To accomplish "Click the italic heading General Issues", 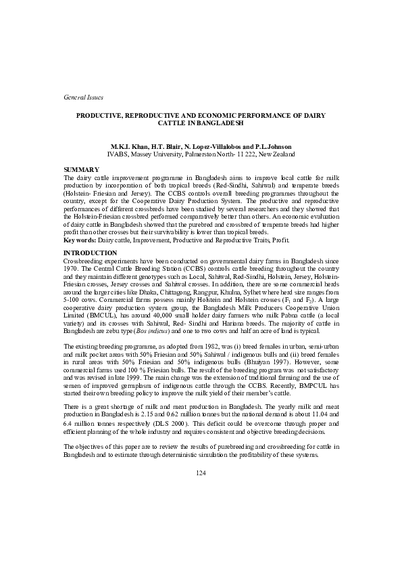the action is (x=75, y=98).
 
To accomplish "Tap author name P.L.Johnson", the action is (x=255, y=146).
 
